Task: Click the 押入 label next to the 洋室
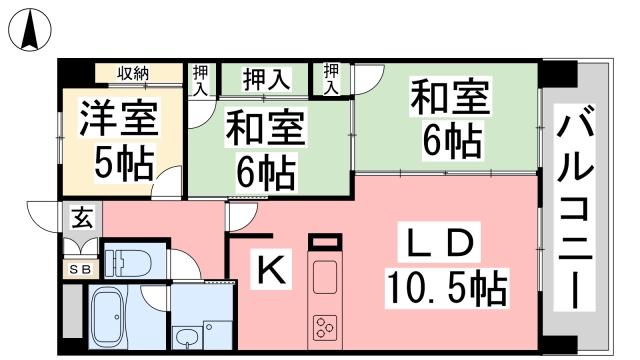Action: (x=202, y=79)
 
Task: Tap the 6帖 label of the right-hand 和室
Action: (x=451, y=143)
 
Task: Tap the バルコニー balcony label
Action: (x=579, y=209)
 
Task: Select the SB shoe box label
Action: (x=80, y=269)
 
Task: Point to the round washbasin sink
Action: (x=184, y=334)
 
